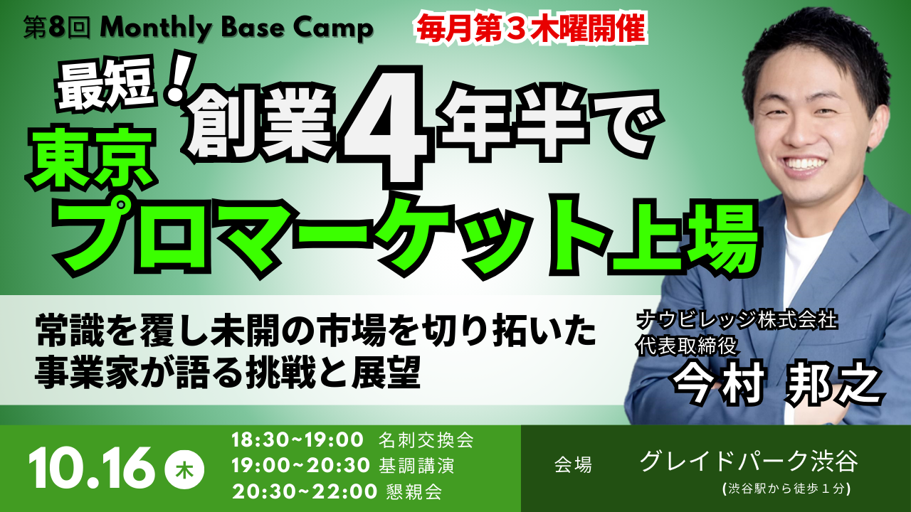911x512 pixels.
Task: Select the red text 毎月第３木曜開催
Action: (x=531, y=28)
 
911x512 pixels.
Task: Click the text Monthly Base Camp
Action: (x=236, y=28)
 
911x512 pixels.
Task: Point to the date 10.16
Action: (x=91, y=468)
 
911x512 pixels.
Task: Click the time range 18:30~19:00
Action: (x=297, y=439)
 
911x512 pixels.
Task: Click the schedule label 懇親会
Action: (x=410, y=491)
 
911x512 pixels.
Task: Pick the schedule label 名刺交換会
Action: (x=426, y=439)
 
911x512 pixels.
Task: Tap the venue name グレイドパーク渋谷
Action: (x=749, y=462)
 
